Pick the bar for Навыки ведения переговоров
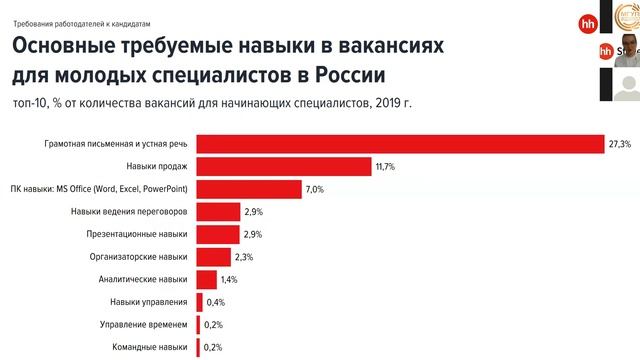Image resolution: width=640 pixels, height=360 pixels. click(x=218, y=212)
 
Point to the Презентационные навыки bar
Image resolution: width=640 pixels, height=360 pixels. click(x=218, y=234)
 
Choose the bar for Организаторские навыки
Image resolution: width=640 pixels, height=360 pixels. click(x=214, y=257)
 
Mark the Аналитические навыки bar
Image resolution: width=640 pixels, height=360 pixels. click(x=207, y=280)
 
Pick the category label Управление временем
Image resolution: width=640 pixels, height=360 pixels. click(x=143, y=325)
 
